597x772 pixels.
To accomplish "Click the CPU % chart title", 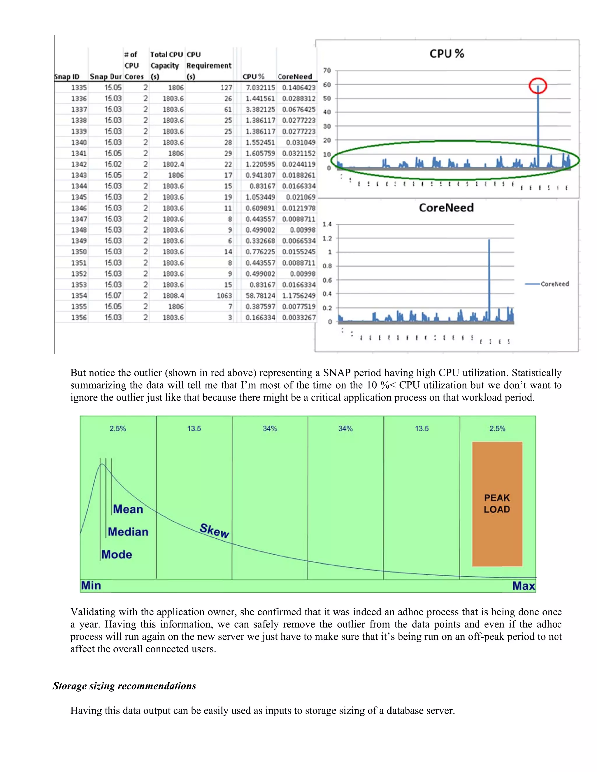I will (447, 54).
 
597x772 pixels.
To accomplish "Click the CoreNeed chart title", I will (446, 207).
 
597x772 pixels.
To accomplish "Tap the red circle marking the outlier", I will (538, 86).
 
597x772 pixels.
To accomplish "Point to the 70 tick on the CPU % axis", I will (327, 70).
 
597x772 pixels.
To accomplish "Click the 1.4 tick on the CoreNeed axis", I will (327, 224).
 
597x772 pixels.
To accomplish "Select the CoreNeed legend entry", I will (554, 284).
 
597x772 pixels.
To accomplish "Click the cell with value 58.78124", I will (260, 295).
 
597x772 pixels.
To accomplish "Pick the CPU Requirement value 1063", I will (224, 295).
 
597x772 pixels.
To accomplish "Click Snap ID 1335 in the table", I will (78, 87).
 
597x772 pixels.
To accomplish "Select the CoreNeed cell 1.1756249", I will (298, 295).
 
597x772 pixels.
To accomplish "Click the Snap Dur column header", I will (106, 77).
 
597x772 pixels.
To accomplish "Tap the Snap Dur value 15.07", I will (113, 295).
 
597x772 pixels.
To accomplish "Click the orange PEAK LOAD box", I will (497, 504).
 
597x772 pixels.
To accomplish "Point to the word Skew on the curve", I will (214, 530).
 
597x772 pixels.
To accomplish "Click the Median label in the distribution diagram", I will (128, 532).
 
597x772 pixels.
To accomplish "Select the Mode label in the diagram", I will (117, 554).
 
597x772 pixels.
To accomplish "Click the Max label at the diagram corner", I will (524, 586).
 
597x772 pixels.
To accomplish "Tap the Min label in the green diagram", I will (91, 585).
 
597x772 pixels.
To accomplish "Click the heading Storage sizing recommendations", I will (124, 686).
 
